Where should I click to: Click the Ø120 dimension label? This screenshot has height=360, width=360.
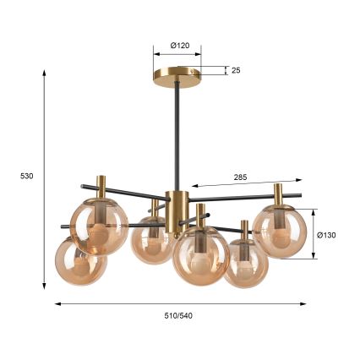[x=180, y=46]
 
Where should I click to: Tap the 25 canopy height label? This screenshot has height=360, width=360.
[x=236, y=70]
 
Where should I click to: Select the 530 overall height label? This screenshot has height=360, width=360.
[x=27, y=177]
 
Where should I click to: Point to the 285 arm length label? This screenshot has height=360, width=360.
[x=240, y=177]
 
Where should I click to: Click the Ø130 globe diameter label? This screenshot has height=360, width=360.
[x=326, y=235]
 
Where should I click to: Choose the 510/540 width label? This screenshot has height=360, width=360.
[x=178, y=316]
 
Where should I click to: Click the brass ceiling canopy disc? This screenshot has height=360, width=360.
[x=177, y=78]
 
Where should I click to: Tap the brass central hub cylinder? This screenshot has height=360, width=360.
[x=177, y=213]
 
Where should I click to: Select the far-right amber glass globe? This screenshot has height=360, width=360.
[x=279, y=232]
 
